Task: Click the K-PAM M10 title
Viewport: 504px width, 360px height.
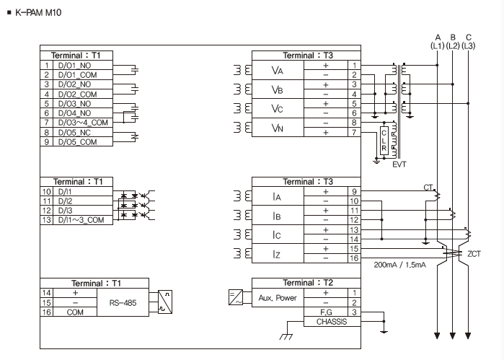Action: coord(38,13)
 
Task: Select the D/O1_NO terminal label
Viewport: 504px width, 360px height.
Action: coord(74,66)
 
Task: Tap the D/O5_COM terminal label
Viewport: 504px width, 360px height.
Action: coord(77,142)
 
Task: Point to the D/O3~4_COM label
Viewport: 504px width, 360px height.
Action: coord(83,123)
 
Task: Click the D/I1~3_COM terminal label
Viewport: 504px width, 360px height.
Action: coord(81,220)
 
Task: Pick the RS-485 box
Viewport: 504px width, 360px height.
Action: coord(123,302)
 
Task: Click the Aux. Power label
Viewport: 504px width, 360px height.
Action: coord(278,298)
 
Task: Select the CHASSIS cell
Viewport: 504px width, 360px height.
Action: coord(332,322)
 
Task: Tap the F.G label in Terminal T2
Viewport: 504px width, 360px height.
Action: coord(326,312)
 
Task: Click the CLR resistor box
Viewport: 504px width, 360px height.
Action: coord(384,141)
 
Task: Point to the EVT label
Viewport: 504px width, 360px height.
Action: coord(399,164)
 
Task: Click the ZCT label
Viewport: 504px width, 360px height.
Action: coord(474,254)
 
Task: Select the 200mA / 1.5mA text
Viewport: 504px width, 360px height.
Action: coord(400,265)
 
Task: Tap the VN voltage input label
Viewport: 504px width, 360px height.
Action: coord(278,128)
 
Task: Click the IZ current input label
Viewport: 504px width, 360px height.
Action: coord(276,254)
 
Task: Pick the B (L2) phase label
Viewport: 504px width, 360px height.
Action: coord(453,42)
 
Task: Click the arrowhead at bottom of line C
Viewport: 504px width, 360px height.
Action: coord(468,336)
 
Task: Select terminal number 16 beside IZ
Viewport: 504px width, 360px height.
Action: coord(354,258)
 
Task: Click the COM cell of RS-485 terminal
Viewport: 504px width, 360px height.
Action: coord(75,312)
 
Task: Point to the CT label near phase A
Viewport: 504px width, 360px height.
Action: coord(428,188)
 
